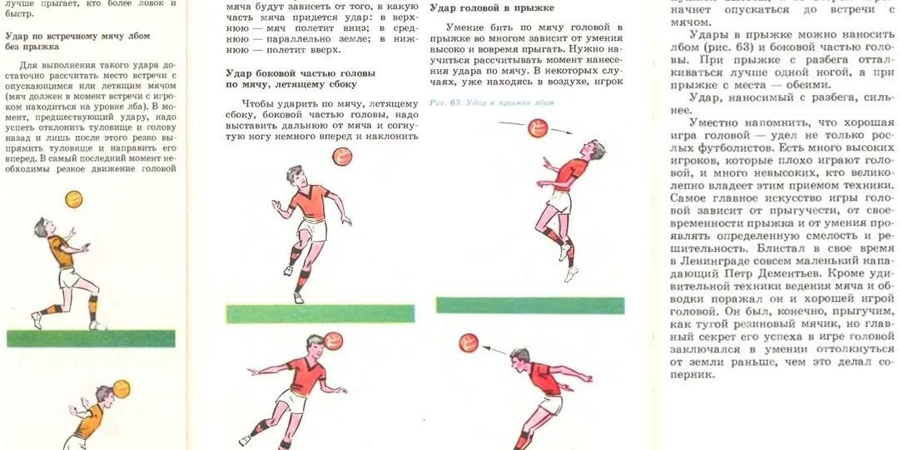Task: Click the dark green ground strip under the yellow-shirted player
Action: (x=91, y=338)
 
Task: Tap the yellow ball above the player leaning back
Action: (x=74, y=199)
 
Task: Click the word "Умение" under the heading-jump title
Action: (x=464, y=27)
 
